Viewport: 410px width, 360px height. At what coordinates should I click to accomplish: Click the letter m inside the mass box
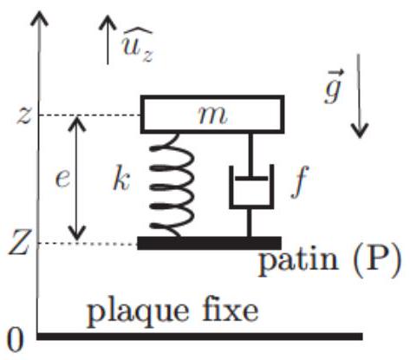tap(212, 115)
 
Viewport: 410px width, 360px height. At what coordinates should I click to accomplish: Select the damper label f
tap(300, 182)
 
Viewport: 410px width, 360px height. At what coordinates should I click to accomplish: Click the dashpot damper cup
tap(251, 187)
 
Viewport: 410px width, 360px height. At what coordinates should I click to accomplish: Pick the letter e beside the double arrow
tap(62, 180)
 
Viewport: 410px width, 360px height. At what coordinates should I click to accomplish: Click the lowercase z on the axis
tap(23, 116)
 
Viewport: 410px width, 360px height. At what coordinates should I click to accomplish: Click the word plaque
tap(138, 313)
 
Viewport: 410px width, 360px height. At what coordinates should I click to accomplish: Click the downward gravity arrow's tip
tap(360, 138)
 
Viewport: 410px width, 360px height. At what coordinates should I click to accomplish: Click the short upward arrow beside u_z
tap(107, 40)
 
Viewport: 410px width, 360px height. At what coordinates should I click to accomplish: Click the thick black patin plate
tap(209, 243)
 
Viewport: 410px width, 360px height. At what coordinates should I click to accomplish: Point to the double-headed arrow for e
tap(77, 179)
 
